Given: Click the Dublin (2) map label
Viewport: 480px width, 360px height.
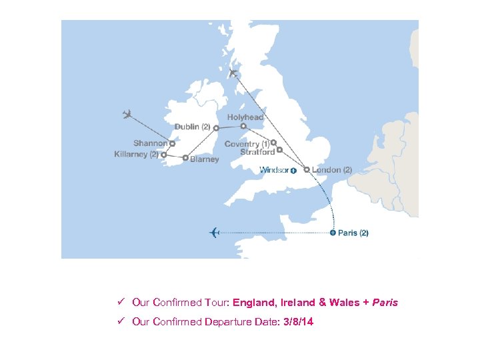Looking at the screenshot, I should point(192,127).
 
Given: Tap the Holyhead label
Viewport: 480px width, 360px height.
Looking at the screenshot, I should point(245,117).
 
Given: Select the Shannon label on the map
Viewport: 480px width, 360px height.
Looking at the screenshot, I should point(150,143).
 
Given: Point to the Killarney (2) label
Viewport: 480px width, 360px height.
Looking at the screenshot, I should point(136,155).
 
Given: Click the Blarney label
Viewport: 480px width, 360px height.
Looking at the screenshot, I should point(204,159).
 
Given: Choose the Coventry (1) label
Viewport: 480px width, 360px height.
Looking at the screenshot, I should point(247,144).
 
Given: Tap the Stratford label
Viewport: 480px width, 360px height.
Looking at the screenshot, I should point(257,152).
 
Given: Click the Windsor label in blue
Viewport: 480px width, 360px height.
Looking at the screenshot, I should point(274,170).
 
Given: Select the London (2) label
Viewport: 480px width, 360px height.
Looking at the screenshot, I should point(332,170).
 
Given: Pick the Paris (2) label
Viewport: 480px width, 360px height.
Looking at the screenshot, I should point(353,233).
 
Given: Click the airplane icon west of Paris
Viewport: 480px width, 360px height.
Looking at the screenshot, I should point(215,232).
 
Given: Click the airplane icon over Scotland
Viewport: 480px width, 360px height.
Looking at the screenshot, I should point(233,73).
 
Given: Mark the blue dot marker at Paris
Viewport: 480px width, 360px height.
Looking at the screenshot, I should point(333,233).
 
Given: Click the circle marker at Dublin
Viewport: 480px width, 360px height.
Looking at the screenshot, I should point(216,127).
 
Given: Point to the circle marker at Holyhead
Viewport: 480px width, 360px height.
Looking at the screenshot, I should point(243,125).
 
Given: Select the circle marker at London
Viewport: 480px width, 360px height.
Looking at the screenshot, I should point(307,170).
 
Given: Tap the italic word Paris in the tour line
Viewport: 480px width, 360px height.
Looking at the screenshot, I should point(385,302).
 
